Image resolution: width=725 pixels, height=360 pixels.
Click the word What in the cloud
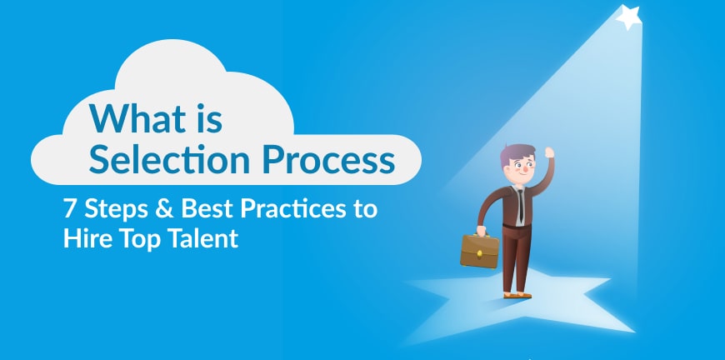click(136, 119)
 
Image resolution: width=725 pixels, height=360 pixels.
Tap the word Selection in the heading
click(169, 160)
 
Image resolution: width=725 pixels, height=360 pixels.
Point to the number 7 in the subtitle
click(69, 209)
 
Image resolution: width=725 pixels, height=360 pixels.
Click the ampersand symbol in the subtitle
click(165, 209)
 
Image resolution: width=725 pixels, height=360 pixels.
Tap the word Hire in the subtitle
click(86, 238)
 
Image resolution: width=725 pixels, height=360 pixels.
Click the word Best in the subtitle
click(207, 209)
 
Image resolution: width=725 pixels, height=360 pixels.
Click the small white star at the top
click(629, 17)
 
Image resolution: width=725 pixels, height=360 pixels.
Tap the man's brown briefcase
click(479, 251)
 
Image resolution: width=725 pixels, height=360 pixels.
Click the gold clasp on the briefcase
click(480, 252)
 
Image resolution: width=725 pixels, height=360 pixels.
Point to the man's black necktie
click(521, 205)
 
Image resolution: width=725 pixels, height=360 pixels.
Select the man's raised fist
click(549, 152)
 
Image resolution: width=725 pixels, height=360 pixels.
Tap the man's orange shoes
click(517, 295)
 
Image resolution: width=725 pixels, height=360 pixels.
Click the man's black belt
click(517, 226)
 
